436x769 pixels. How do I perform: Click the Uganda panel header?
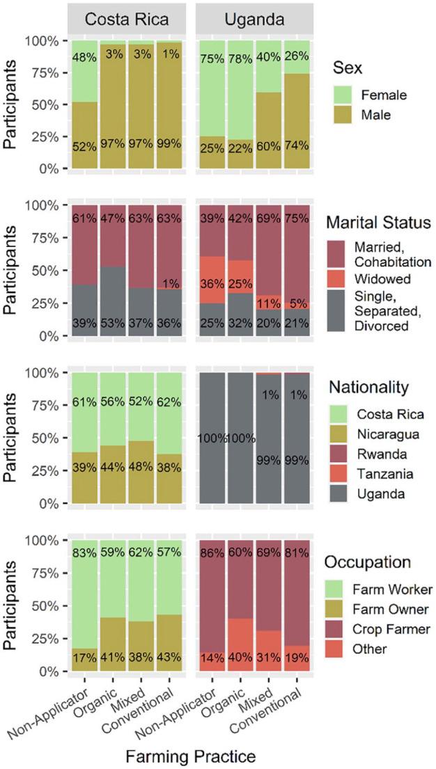tap(255, 20)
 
